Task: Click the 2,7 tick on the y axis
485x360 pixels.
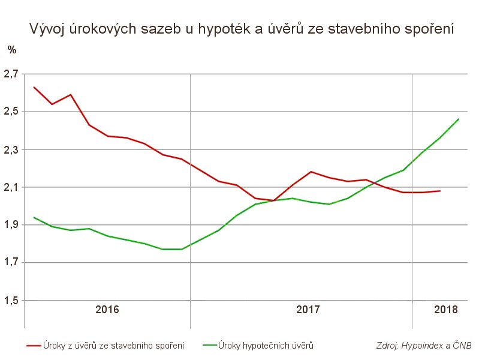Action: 11,74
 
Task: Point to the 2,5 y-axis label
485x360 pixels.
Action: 11,112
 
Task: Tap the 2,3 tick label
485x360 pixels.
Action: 11,150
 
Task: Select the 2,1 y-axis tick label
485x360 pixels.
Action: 11,188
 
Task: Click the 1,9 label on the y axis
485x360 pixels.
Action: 11,226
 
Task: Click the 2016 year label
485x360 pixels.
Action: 107,310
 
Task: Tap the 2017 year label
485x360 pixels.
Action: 308,310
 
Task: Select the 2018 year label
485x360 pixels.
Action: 445,310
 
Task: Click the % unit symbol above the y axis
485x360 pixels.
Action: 12,50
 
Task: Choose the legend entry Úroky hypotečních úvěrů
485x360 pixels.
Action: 266,346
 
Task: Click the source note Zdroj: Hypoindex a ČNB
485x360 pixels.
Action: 424,346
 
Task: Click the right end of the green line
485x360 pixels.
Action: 459,119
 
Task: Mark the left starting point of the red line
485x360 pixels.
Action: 34,87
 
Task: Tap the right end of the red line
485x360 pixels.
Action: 440,191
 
